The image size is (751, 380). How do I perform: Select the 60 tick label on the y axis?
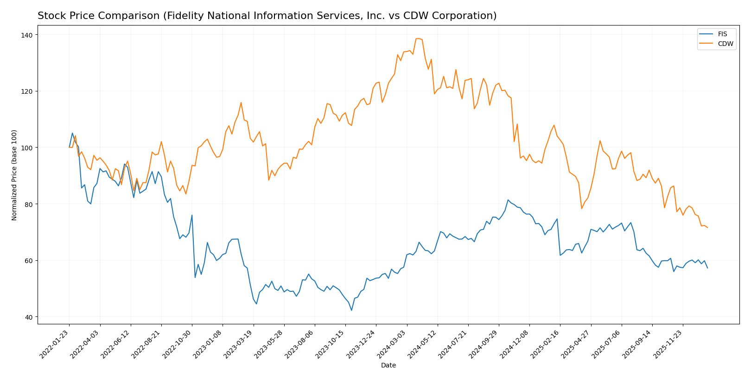28,261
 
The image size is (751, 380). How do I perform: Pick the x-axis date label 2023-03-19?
240,344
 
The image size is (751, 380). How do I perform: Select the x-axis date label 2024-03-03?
393,344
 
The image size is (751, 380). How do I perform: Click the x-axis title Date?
388,366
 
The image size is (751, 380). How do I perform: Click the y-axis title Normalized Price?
14,175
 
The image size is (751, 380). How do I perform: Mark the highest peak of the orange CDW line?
419,39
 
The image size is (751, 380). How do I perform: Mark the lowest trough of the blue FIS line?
351,310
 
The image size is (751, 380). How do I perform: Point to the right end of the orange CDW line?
707,228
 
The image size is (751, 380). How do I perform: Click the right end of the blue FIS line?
707,268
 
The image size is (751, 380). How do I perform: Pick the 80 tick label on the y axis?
28,204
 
